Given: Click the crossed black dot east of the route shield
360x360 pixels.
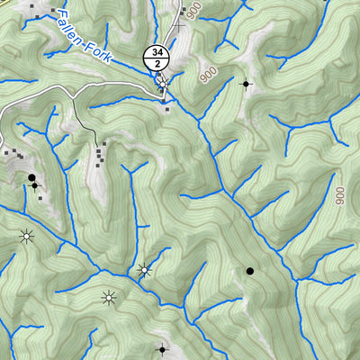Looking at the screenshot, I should (x=247, y=84).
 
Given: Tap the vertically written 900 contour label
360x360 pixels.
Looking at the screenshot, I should (x=339, y=195).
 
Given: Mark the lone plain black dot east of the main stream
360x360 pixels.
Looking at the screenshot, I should (x=250, y=270).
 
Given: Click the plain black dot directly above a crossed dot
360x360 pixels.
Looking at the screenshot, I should (x=31, y=177).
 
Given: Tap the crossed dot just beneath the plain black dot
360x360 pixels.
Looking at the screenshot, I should (x=34, y=186).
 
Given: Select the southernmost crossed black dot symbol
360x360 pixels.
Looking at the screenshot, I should (x=163, y=349).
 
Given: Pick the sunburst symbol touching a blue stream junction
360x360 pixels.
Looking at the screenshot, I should (x=143, y=269).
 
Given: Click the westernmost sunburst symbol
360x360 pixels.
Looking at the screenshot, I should (x=26, y=237).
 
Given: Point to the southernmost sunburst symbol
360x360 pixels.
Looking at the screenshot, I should (x=109, y=297).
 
